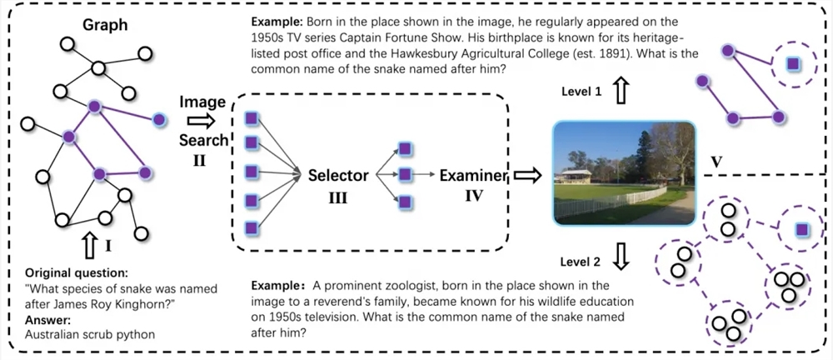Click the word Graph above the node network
pyautogui.click(x=105, y=26)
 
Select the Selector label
pyautogui.click(x=338, y=175)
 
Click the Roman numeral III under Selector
pyautogui.click(x=338, y=198)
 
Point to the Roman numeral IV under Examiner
pyautogui.click(x=474, y=197)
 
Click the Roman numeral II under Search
pyautogui.click(x=199, y=158)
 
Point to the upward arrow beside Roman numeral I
pyautogui.click(x=90, y=246)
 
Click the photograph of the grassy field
pyautogui.click(x=624, y=173)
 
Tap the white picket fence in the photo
pyautogui.click(x=611, y=202)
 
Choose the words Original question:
pyautogui.click(x=77, y=273)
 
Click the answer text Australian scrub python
pyautogui.click(x=90, y=335)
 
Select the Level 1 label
pyautogui.click(x=581, y=92)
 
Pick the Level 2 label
pyautogui.click(x=581, y=262)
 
